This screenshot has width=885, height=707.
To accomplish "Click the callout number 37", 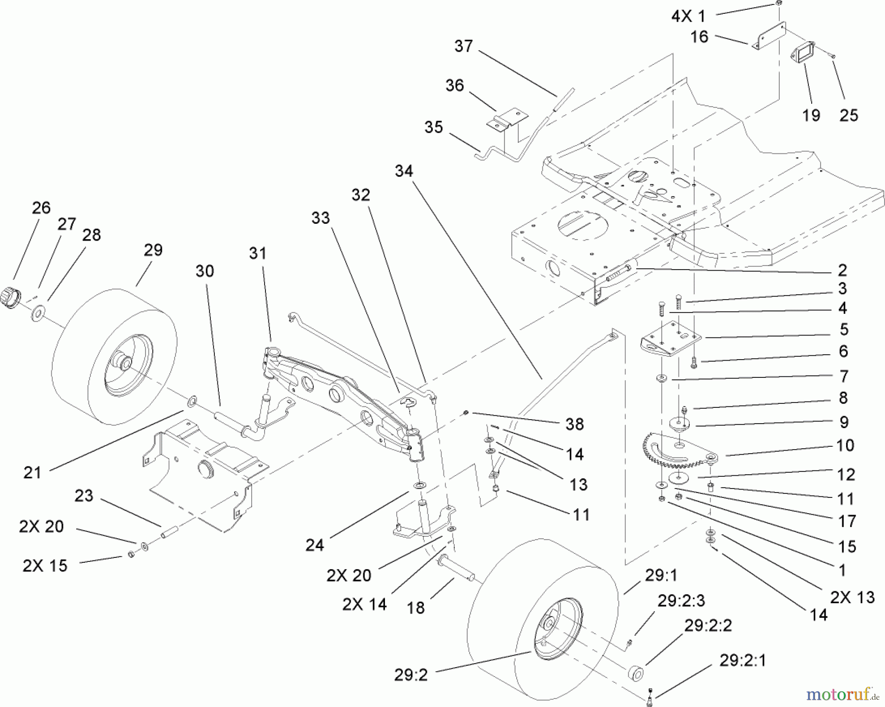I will click(x=463, y=46).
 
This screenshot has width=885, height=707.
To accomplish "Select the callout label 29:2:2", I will click(x=708, y=625).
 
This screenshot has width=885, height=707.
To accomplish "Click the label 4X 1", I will click(x=688, y=16).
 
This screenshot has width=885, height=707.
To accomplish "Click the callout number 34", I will click(x=404, y=171).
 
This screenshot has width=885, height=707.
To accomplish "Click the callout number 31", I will click(x=258, y=253).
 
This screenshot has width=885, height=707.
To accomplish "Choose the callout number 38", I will click(x=574, y=424).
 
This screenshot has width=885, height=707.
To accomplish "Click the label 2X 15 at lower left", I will click(x=44, y=566).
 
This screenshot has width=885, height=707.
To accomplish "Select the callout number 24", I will click(x=315, y=545).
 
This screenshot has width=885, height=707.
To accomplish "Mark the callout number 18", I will click(x=416, y=608).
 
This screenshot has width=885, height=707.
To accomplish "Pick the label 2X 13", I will click(x=852, y=597).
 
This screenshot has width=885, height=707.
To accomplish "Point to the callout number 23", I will click(x=84, y=495).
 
